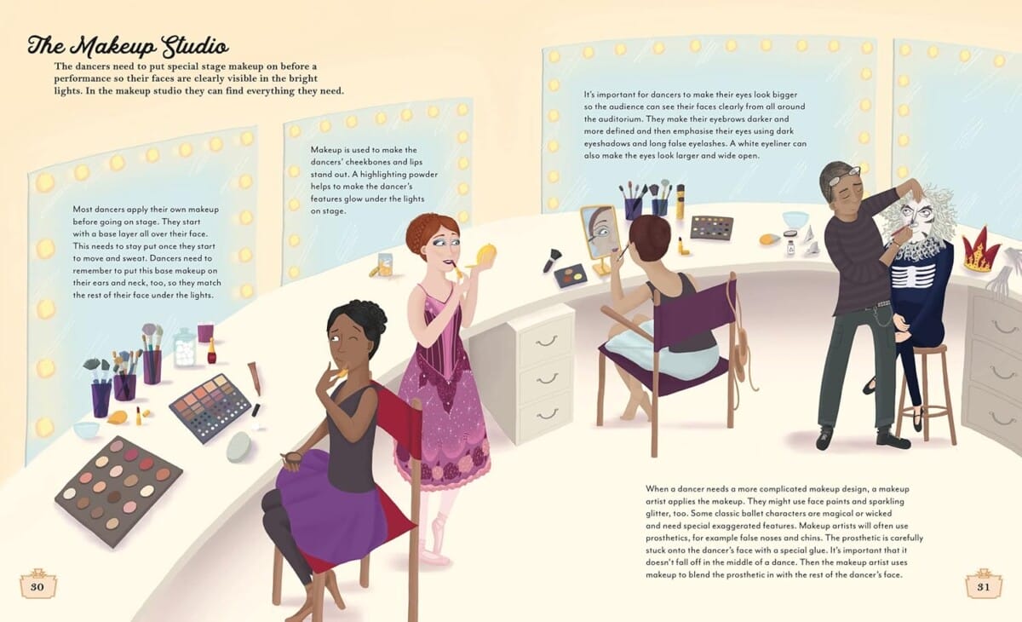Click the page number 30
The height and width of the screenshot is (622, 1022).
point(37,586)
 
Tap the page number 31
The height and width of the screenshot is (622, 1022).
point(983,586)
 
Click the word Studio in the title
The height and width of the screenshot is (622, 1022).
point(195,47)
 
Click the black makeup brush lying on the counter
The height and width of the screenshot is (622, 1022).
point(552,260)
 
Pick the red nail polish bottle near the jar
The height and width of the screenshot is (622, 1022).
point(211,350)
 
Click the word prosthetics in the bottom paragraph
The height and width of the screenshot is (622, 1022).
point(667,538)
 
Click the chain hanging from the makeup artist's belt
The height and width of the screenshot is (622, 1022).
point(874,316)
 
